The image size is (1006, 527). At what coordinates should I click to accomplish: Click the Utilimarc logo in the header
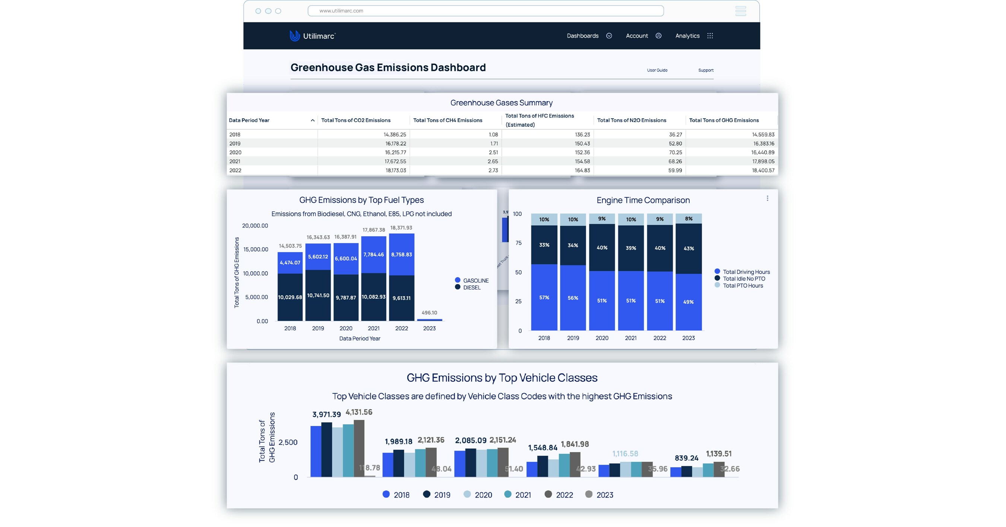click(313, 36)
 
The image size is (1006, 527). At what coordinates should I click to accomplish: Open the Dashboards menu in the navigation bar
click(589, 36)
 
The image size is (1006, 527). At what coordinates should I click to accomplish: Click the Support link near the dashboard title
click(705, 70)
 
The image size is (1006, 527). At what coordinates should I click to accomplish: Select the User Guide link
click(657, 70)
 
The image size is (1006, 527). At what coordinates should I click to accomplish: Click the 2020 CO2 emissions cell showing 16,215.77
click(395, 153)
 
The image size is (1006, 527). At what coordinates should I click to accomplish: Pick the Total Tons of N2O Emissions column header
click(632, 120)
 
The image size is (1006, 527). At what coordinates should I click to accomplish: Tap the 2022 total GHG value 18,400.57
click(763, 170)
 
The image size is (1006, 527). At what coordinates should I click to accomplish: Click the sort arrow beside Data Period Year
click(313, 120)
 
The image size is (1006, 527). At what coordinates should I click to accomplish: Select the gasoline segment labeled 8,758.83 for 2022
click(401, 254)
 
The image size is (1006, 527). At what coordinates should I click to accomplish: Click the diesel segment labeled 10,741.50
click(318, 295)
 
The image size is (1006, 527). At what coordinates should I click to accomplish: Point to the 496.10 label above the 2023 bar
click(429, 313)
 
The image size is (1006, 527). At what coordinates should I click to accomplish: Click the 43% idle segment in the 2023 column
click(689, 249)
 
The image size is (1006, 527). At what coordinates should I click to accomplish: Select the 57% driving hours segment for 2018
click(544, 298)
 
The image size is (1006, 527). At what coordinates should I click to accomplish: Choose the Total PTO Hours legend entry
click(742, 286)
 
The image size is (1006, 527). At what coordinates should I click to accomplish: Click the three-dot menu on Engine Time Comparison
click(767, 198)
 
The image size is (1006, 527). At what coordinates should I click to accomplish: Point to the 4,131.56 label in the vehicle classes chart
click(358, 412)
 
